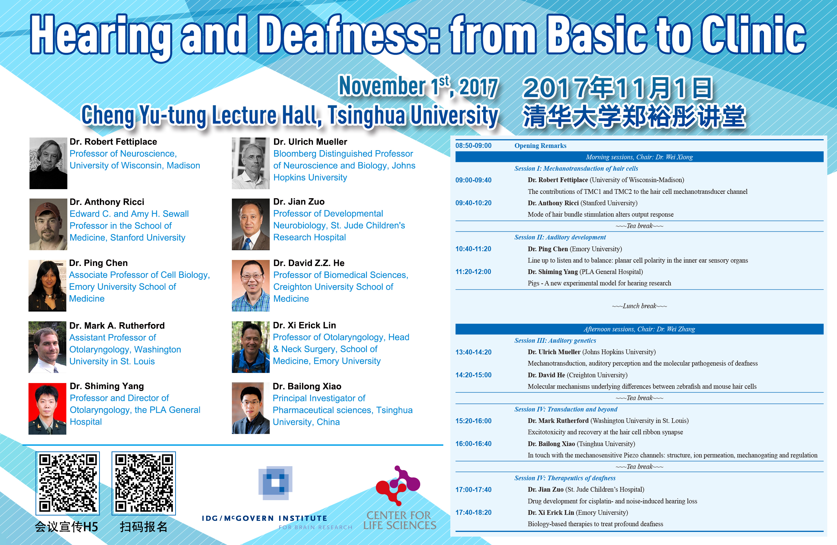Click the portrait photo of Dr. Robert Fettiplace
(x=48, y=163)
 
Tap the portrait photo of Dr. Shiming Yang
(x=48, y=409)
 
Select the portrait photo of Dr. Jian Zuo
(x=251, y=224)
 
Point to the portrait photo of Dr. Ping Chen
(x=48, y=285)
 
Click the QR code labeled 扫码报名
(x=144, y=483)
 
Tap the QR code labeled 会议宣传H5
(x=68, y=483)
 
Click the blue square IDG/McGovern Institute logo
(x=275, y=483)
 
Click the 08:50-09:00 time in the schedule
(x=473, y=146)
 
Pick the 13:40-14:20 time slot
(x=473, y=352)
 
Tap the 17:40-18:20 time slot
(x=473, y=512)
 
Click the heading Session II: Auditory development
(x=560, y=237)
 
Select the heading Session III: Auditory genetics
(x=555, y=340)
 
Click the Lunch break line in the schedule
(x=639, y=306)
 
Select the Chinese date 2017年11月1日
(x=618, y=88)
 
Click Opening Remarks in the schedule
(x=540, y=146)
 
